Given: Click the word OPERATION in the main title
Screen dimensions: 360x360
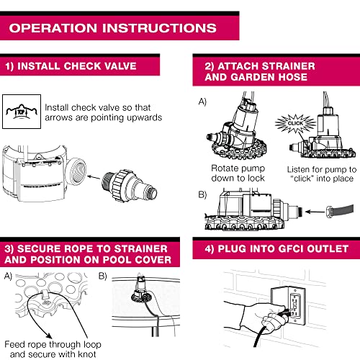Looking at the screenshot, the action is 53,28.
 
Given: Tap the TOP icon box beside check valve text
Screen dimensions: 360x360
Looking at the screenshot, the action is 22,112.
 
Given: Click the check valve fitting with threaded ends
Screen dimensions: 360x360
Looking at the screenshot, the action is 130,185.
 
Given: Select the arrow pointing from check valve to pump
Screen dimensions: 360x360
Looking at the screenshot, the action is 94,177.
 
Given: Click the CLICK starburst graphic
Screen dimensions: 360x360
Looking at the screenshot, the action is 295,124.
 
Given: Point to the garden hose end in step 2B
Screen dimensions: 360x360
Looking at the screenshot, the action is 340,210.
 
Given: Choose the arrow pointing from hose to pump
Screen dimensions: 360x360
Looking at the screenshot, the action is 315,212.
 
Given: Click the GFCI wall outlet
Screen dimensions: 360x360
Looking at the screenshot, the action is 294,305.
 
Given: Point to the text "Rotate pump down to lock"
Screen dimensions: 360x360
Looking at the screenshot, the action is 238,174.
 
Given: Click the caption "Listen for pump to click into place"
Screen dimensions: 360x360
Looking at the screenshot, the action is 322,174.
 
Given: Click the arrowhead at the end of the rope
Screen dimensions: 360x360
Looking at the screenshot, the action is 49,336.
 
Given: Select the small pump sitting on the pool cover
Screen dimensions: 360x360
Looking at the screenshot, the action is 141,291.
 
